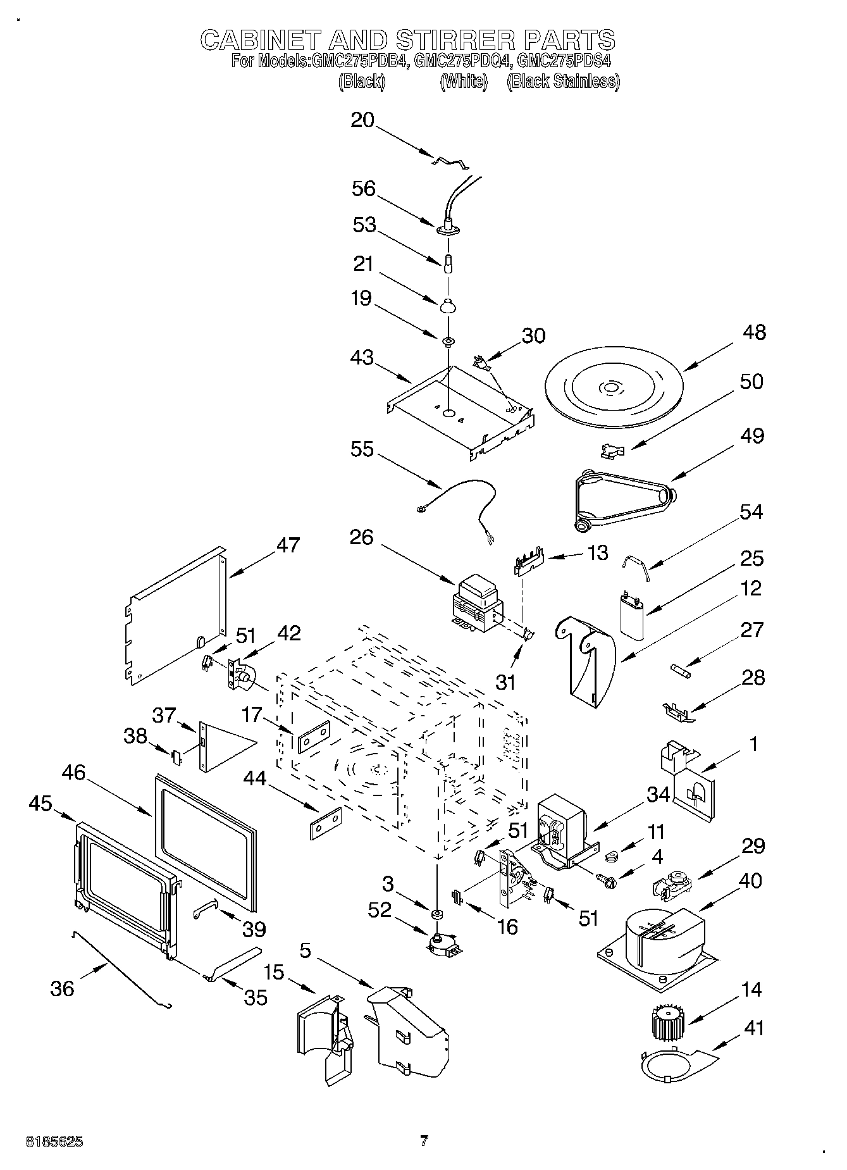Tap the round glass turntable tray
pyautogui.click(x=611, y=387)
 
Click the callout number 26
pyautogui.click(x=361, y=537)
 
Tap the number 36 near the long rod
pyautogui.click(x=62, y=988)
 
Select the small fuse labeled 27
pyautogui.click(x=682, y=669)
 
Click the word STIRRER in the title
pyautogui.click(x=455, y=40)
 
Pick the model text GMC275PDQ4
pyautogui.click(x=462, y=61)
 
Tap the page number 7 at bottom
pyautogui.click(x=424, y=1141)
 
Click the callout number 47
pyautogui.click(x=288, y=545)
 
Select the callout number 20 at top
pyautogui.click(x=362, y=120)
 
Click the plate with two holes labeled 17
pyautogui.click(x=314, y=737)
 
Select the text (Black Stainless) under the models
pyautogui.click(x=563, y=82)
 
